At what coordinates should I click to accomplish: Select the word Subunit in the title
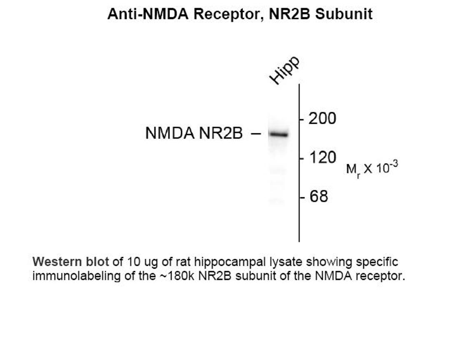pyautogui.click(x=344, y=14)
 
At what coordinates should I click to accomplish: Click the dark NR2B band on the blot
pyautogui.click(x=278, y=134)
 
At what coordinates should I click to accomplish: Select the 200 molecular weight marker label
pyautogui.click(x=322, y=119)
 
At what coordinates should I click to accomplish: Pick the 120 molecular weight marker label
pyautogui.click(x=322, y=157)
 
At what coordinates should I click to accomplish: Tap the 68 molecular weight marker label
pyautogui.click(x=319, y=196)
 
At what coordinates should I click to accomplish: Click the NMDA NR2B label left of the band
pyautogui.click(x=194, y=134)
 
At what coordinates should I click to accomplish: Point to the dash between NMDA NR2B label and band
pyautogui.click(x=256, y=134)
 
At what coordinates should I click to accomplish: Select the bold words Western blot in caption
pyautogui.click(x=71, y=262)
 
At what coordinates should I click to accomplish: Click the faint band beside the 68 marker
pyautogui.click(x=276, y=201)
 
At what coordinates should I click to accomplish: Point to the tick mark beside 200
pyautogui.click(x=301, y=119)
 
